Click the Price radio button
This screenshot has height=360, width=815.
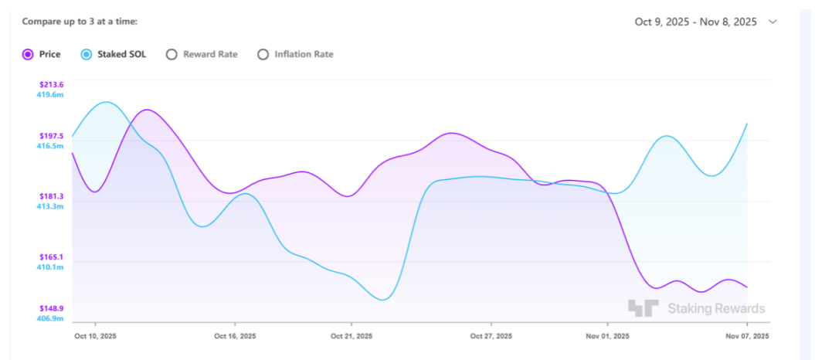28,54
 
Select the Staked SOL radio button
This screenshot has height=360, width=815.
87,54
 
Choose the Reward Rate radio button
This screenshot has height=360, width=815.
171,54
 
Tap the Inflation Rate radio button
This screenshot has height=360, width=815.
263,54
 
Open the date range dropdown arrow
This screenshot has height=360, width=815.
773,22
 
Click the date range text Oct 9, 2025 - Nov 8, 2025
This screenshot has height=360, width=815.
695,22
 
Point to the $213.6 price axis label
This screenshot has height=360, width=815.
52,84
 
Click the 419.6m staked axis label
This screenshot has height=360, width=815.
50,94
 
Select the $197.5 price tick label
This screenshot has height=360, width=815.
52,136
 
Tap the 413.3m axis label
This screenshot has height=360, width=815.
50,206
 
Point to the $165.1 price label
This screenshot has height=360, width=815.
52,257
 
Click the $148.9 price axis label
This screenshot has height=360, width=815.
52,308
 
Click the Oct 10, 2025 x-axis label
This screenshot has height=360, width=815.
95,336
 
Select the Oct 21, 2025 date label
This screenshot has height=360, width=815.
351,336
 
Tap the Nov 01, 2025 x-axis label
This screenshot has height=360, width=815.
607,336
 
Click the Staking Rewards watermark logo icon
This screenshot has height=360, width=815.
643,308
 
